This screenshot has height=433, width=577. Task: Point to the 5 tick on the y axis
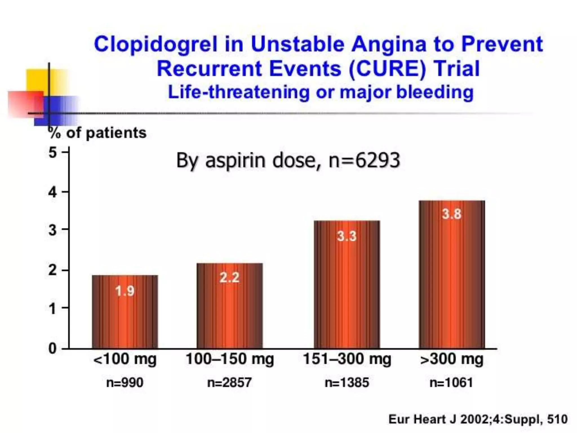[x=53, y=153]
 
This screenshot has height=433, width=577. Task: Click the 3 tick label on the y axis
[x=53, y=230]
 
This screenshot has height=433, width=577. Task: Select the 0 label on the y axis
[x=53, y=348]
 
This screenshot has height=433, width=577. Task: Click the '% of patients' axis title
[x=97, y=133]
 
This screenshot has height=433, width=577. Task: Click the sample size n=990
[x=125, y=383]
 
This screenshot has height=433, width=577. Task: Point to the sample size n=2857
[x=229, y=383]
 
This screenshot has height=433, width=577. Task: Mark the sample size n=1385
[x=347, y=383]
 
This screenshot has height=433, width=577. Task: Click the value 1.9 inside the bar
[x=125, y=291]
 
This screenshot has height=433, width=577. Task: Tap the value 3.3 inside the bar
[x=347, y=236]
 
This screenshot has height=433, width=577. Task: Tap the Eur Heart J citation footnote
[x=478, y=419]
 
